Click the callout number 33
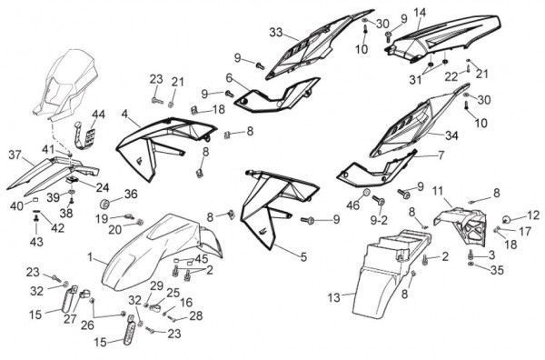[x=276, y=33]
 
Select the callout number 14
[x=420, y=13]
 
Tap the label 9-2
[x=379, y=220]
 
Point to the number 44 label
[x=98, y=115]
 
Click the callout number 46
[x=352, y=205]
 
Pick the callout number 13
[x=333, y=298]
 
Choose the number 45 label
[x=202, y=259]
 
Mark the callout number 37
[x=15, y=155]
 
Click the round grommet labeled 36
[x=105, y=203]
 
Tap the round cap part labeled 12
[x=507, y=219]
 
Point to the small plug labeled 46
[x=366, y=193]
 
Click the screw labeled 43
[x=35, y=218]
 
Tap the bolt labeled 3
[x=471, y=255]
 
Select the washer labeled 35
[x=471, y=265]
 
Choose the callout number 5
[x=303, y=257]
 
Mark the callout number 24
[x=103, y=187]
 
